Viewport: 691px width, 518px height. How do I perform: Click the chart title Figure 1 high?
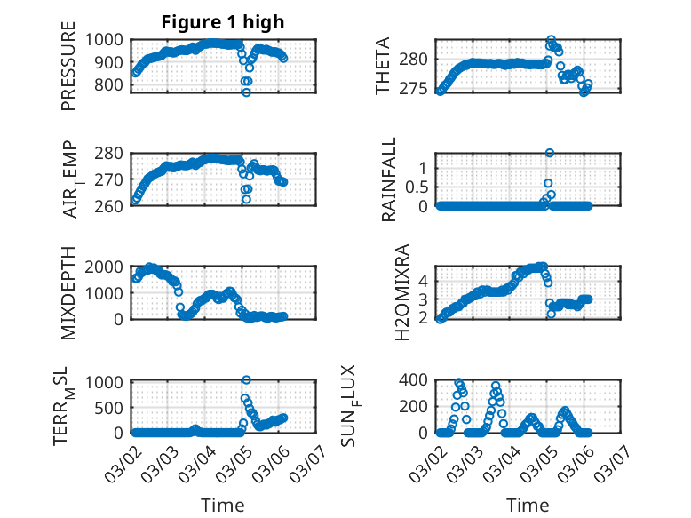[x=223, y=23]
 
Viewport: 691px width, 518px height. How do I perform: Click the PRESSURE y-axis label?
[x=68, y=73]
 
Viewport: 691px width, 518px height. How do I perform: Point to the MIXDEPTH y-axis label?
[x=68, y=293]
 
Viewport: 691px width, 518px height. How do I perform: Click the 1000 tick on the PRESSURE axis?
[x=107, y=39]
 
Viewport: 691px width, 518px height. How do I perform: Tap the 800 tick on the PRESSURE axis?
[x=112, y=85]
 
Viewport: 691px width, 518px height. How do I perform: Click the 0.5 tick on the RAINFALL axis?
[x=417, y=187]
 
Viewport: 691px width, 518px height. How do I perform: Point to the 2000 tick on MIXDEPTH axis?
[x=107, y=267]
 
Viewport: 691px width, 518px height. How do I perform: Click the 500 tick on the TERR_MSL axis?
[x=112, y=407]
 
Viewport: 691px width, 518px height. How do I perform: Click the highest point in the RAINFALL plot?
[x=550, y=153]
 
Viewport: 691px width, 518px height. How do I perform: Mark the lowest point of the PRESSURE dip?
[x=246, y=92]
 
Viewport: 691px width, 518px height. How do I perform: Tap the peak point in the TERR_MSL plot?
[x=246, y=380]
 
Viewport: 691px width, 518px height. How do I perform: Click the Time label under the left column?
[x=223, y=506]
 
